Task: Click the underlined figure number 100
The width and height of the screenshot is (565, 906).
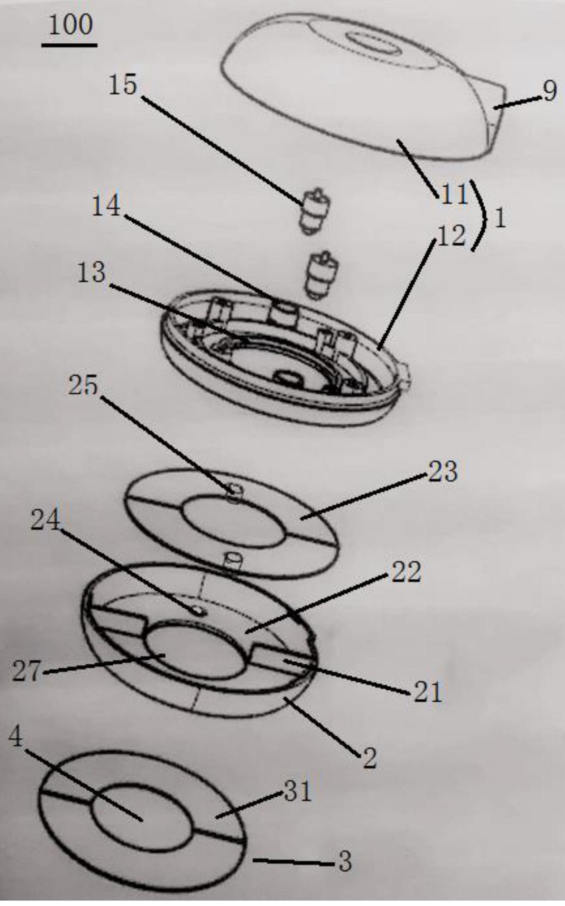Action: pos(70,25)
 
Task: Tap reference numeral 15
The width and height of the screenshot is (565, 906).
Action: pos(123,85)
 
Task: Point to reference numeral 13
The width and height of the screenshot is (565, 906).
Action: pos(92,273)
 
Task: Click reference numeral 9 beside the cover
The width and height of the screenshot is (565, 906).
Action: pos(549,91)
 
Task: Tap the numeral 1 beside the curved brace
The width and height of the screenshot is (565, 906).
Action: pos(500,218)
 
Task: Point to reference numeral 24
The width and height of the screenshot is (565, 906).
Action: pos(45,521)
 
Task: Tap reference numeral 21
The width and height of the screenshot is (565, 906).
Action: pos(427,693)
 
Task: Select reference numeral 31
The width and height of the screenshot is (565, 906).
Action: pos(298,791)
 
